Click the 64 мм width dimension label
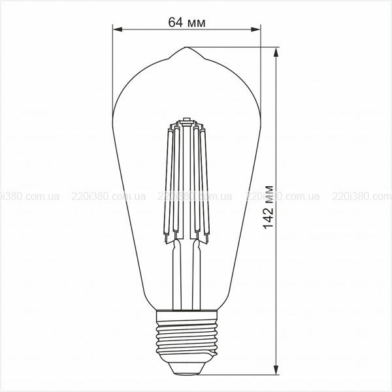[x=187, y=22]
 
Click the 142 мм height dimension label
[x=269, y=207]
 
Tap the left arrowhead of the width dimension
[x=118, y=29]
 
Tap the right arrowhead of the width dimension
[x=255, y=29]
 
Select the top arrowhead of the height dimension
[x=276, y=52]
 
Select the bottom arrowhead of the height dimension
[x=276, y=370]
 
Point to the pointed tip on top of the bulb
[x=186, y=48]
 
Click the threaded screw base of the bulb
[x=186, y=336]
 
